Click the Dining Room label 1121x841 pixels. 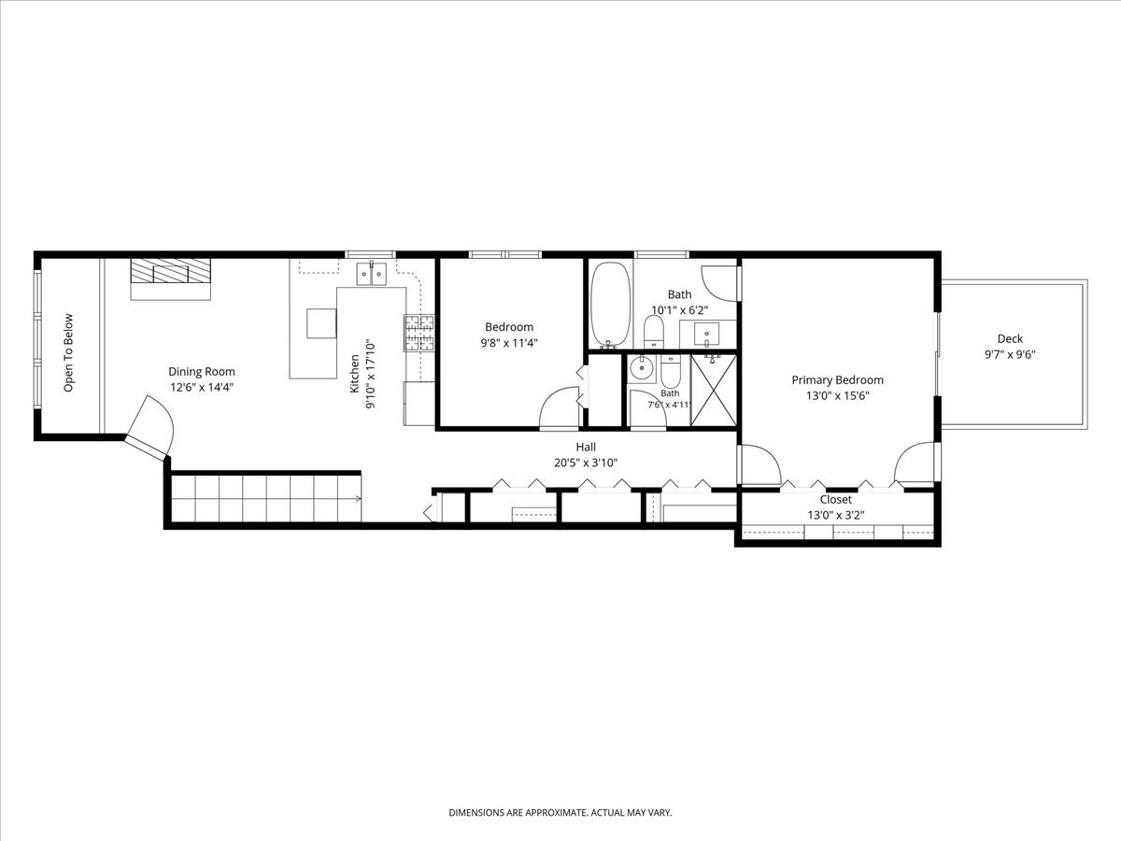202,372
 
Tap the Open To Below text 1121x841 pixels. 68,353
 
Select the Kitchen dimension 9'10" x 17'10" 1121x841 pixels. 371,376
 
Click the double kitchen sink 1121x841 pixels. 371,274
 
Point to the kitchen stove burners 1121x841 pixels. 419,333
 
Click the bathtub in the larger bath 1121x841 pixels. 611,305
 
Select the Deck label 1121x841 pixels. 1010,338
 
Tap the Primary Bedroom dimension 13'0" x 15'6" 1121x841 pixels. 838,395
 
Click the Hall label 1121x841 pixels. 586,448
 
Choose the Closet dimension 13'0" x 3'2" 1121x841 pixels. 836,515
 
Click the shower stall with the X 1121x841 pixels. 714,390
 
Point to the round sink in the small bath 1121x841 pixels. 641,367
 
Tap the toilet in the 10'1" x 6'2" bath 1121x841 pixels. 653,331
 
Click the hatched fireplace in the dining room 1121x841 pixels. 171,271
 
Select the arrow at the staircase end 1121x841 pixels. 359,498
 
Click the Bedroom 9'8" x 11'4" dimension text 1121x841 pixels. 509,343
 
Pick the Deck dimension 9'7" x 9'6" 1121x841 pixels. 1010,354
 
